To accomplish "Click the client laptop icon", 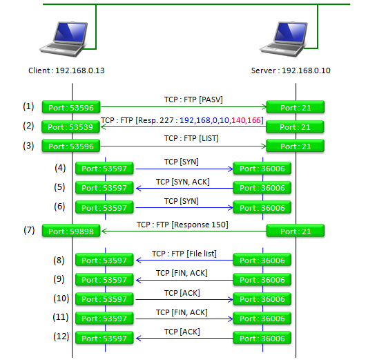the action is point(64,39).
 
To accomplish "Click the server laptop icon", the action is point(284,39).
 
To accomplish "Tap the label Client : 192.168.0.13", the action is point(66,70).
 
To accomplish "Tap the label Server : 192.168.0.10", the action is point(291,70).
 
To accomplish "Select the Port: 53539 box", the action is point(70,127).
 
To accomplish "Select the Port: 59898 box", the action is point(71,231).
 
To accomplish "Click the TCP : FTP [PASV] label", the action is point(193,100).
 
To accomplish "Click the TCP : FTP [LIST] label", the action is point(191,138).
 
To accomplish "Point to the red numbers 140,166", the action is point(246,120).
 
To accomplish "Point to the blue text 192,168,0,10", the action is point(204,120).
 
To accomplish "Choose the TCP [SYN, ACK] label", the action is point(183,182).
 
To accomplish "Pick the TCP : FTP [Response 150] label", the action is point(182,225).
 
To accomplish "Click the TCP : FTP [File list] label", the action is point(184,254).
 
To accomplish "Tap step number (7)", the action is point(29,229).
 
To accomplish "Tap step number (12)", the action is point(61,337).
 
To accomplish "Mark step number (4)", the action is point(60,168).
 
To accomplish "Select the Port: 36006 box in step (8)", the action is point(262,260).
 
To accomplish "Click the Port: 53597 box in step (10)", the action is point(104,299).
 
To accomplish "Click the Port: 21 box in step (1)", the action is point(296,107).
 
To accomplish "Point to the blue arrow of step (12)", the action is point(185,338).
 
